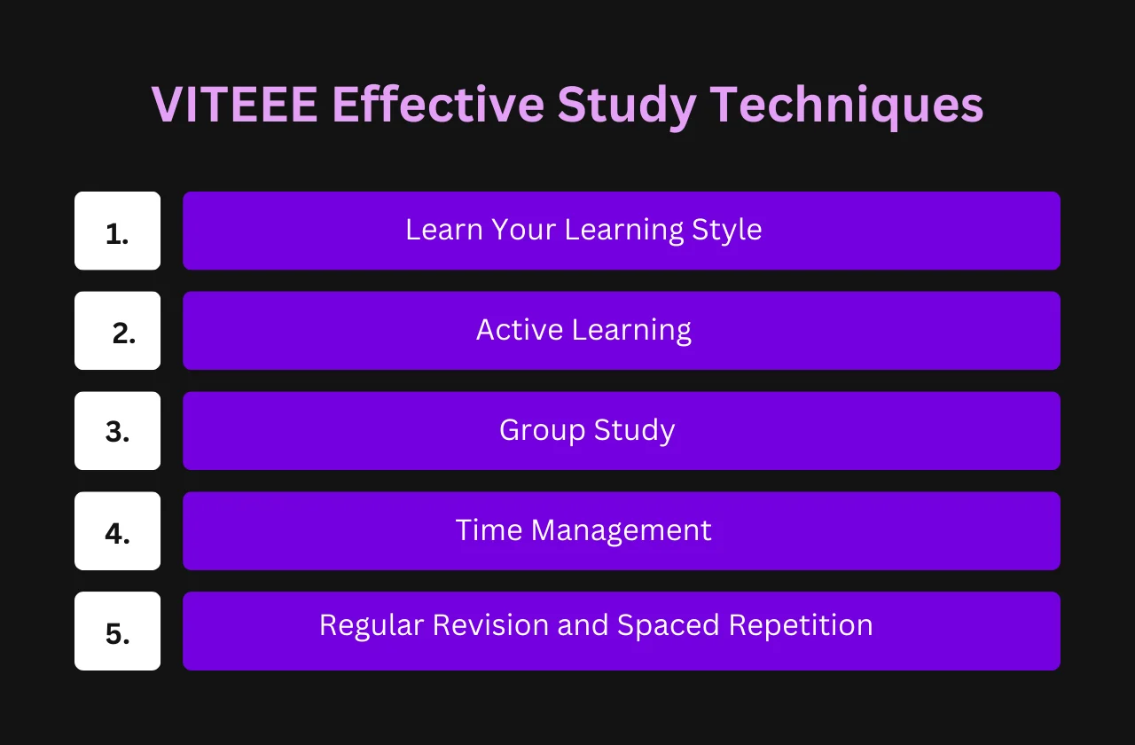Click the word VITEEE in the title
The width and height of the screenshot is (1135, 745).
[x=235, y=105]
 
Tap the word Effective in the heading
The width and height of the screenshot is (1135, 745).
[x=438, y=104]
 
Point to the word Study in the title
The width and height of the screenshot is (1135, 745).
[x=627, y=107]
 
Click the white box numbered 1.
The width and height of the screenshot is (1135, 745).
[x=118, y=231]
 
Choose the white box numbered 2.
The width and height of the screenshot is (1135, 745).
[x=118, y=331]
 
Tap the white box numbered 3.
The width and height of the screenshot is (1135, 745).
[x=118, y=431]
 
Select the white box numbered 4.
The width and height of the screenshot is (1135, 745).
[x=118, y=530]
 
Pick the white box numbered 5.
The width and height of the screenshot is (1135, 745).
[x=118, y=631]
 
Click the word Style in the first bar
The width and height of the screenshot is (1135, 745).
[x=726, y=231]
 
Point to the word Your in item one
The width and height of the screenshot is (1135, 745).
[x=523, y=230]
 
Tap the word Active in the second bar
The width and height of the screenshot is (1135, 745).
[x=520, y=330]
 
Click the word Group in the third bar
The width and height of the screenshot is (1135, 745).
[x=542, y=432]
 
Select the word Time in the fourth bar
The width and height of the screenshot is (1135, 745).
[x=489, y=530]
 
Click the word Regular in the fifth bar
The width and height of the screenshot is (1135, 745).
[x=372, y=626]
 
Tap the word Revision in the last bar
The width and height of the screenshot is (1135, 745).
[x=490, y=625]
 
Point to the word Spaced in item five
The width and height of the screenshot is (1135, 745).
[x=669, y=626]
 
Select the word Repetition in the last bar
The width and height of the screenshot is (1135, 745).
[x=801, y=626]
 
